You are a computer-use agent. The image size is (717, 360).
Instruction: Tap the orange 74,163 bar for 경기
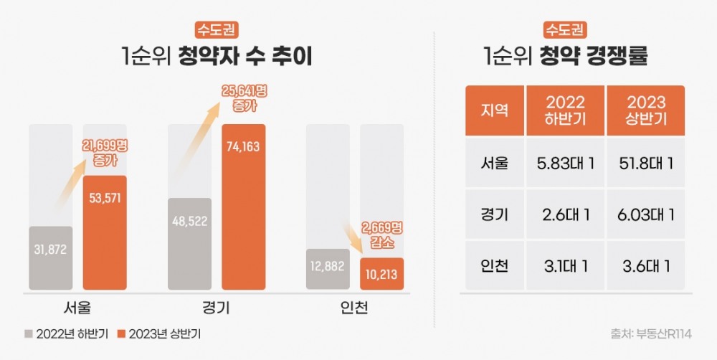(243, 207)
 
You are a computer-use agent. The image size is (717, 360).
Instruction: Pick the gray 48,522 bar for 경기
(189, 244)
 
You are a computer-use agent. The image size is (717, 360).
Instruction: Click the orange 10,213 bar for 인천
(381, 273)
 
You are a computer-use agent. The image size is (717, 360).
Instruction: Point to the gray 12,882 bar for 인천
(328, 269)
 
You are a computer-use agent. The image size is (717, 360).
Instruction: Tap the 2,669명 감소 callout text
(380, 234)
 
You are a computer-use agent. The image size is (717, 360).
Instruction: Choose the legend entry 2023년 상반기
(158, 333)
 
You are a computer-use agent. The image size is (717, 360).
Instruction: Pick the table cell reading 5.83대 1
(565, 163)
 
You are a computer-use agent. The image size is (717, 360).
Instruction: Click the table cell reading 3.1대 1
(565, 266)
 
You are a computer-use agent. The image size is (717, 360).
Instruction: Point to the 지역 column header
(494, 111)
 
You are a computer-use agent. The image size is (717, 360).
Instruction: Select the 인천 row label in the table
(494, 266)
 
